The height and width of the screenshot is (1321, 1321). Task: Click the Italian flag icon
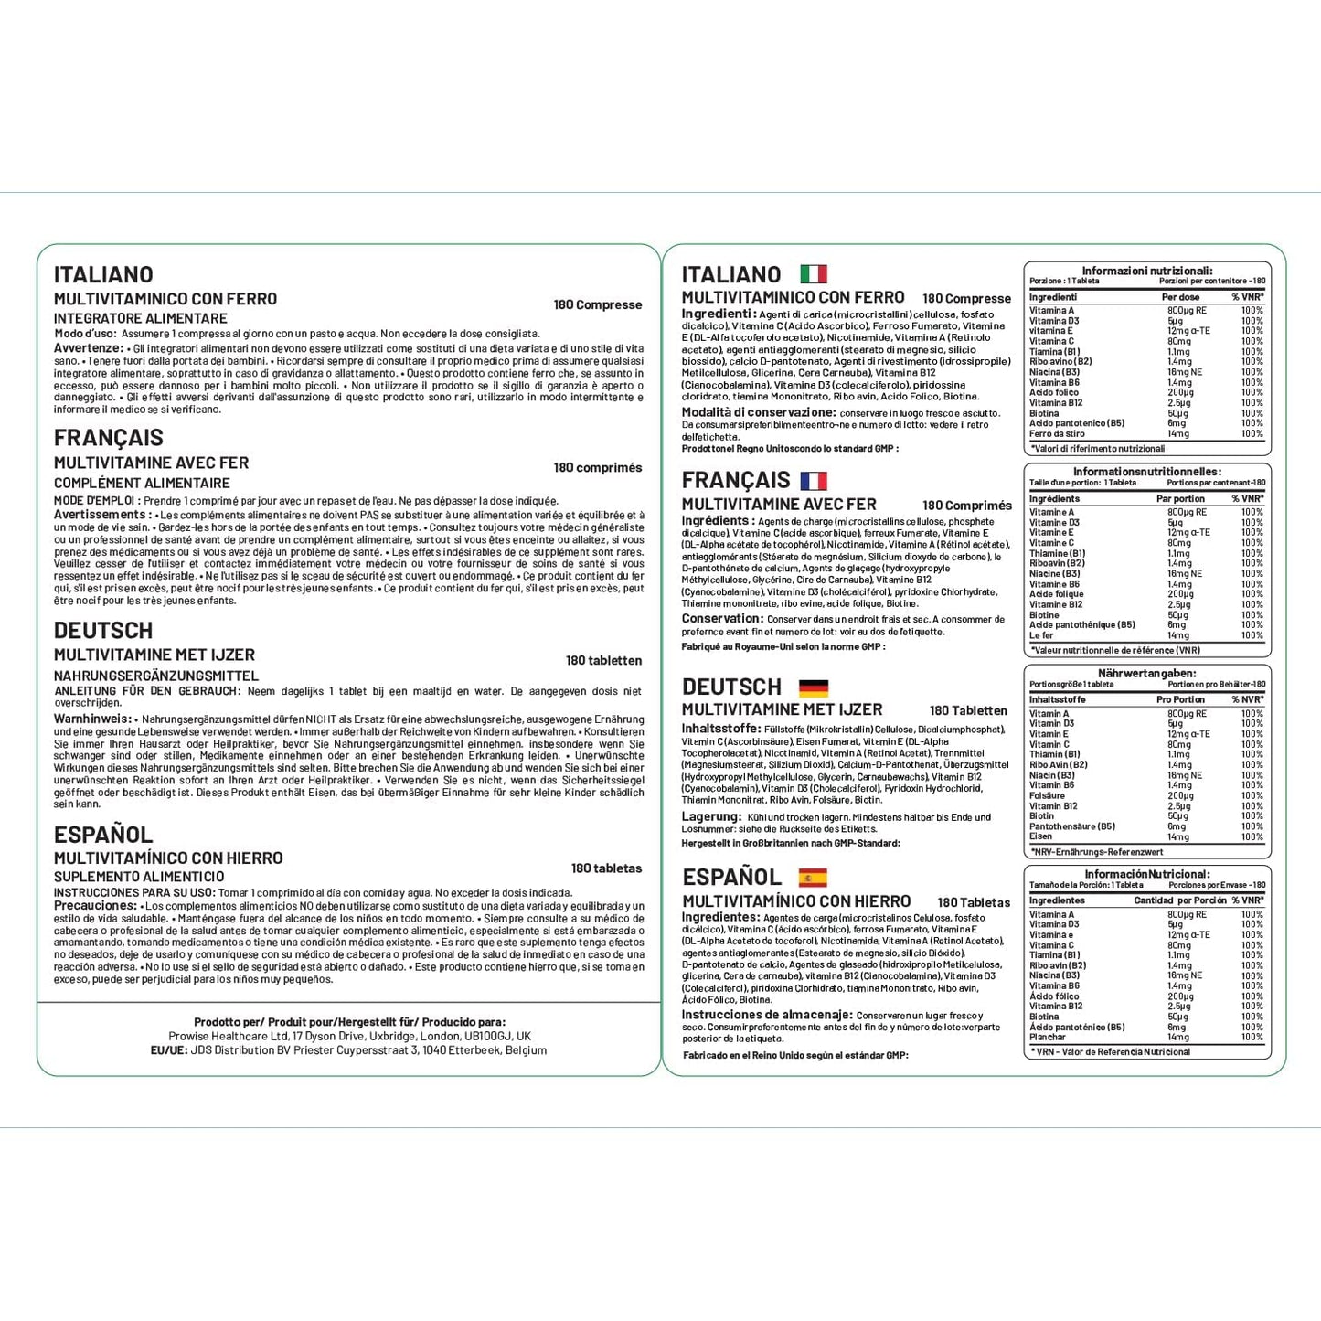point(813,274)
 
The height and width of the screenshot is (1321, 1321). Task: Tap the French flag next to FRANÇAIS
point(813,481)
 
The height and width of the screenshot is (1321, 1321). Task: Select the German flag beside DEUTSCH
point(813,687)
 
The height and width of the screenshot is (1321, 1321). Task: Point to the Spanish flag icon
point(813,878)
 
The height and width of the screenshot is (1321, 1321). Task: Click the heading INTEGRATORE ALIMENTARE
point(141,318)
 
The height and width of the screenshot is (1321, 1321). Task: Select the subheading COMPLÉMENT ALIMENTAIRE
point(142,483)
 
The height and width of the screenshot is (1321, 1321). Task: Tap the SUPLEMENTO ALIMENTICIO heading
point(138,877)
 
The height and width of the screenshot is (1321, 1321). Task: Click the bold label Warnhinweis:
point(92,719)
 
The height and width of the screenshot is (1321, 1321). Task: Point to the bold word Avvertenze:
point(88,348)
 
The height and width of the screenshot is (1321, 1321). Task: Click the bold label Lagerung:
point(711,816)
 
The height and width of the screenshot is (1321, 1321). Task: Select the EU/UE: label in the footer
point(169,1050)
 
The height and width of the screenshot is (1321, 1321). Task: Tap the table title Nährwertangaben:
point(1146,674)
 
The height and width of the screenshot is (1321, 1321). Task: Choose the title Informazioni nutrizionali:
point(1146,271)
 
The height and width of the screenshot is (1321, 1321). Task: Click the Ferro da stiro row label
point(1057,433)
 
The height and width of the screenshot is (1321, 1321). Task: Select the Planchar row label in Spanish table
point(1048,1037)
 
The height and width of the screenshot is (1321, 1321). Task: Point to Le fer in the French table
point(1041,635)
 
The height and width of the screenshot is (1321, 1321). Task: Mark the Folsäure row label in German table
point(1048,795)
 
